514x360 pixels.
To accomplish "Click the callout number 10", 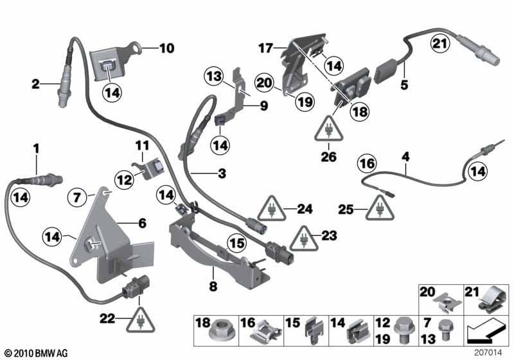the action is [x=167, y=48].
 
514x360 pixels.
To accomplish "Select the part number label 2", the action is [x=35, y=84].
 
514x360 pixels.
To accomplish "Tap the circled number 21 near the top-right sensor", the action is [x=440, y=44].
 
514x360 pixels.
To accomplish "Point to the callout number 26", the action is [x=329, y=156].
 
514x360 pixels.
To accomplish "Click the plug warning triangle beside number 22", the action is [x=141, y=320].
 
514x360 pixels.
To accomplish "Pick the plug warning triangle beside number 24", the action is [x=271, y=209].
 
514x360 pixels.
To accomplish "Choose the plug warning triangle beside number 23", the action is [x=304, y=239].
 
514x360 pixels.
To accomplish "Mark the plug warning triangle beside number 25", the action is [x=380, y=208].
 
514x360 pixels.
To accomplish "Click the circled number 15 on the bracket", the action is [x=237, y=243].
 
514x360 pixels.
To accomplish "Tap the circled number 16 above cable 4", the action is [x=367, y=163].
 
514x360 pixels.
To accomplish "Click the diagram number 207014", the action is [x=488, y=352].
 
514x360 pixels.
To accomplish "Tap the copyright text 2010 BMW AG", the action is [x=37, y=353].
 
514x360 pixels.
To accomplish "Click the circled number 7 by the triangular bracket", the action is [x=76, y=198].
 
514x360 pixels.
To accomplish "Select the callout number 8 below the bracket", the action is [x=213, y=286].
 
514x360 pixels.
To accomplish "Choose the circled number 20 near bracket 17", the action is [x=265, y=83].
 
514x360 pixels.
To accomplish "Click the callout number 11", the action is [x=142, y=145].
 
